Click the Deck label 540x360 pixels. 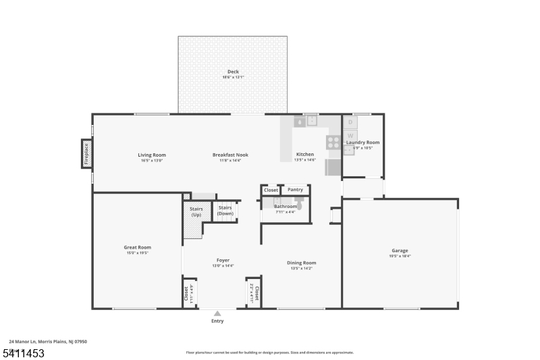pyautogui.click(x=232, y=72)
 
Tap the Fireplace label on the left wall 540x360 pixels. pyautogui.click(x=86, y=154)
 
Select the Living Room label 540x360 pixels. pyautogui.click(x=152, y=155)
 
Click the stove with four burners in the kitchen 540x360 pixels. pyautogui.click(x=333, y=143)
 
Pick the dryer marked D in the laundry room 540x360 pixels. pyautogui.click(x=350, y=122)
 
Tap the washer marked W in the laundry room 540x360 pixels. pyautogui.click(x=350, y=135)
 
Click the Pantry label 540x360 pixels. pyautogui.click(x=295, y=190)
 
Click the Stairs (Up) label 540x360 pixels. pyautogui.click(x=196, y=211)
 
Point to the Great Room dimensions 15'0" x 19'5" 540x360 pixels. pyautogui.click(x=137, y=253)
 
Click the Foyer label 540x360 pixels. pyautogui.click(x=223, y=260)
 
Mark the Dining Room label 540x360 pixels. pyautogui.click(x=301, y=263)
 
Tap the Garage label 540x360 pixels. pyautogui.click(x=400, y=251)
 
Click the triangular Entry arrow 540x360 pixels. pyautogui.click(x=217, y=313)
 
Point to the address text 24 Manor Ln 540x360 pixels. pyautogui.click(x=27, y=342)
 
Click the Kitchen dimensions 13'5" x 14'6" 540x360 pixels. pyautogui.click(x=305, y=160)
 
